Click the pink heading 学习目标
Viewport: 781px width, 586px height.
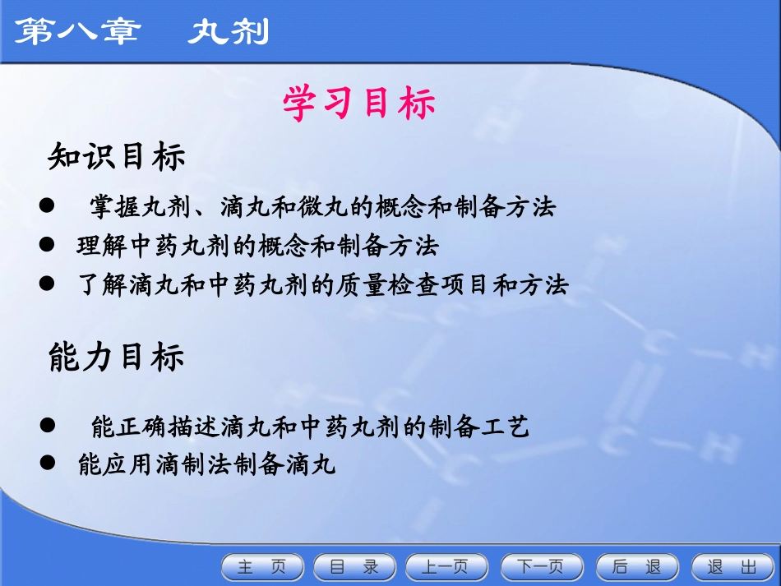358,104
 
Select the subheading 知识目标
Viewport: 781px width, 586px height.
117,156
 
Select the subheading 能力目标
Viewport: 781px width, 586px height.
117,357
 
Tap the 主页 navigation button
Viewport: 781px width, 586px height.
262,567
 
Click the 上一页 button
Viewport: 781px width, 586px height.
445,567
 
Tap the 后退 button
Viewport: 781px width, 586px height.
637,567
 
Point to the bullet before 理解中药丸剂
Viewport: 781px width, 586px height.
47,245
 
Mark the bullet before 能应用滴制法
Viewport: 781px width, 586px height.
47,464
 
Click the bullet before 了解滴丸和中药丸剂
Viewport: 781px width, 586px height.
47,284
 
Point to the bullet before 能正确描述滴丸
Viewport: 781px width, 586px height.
47,426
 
